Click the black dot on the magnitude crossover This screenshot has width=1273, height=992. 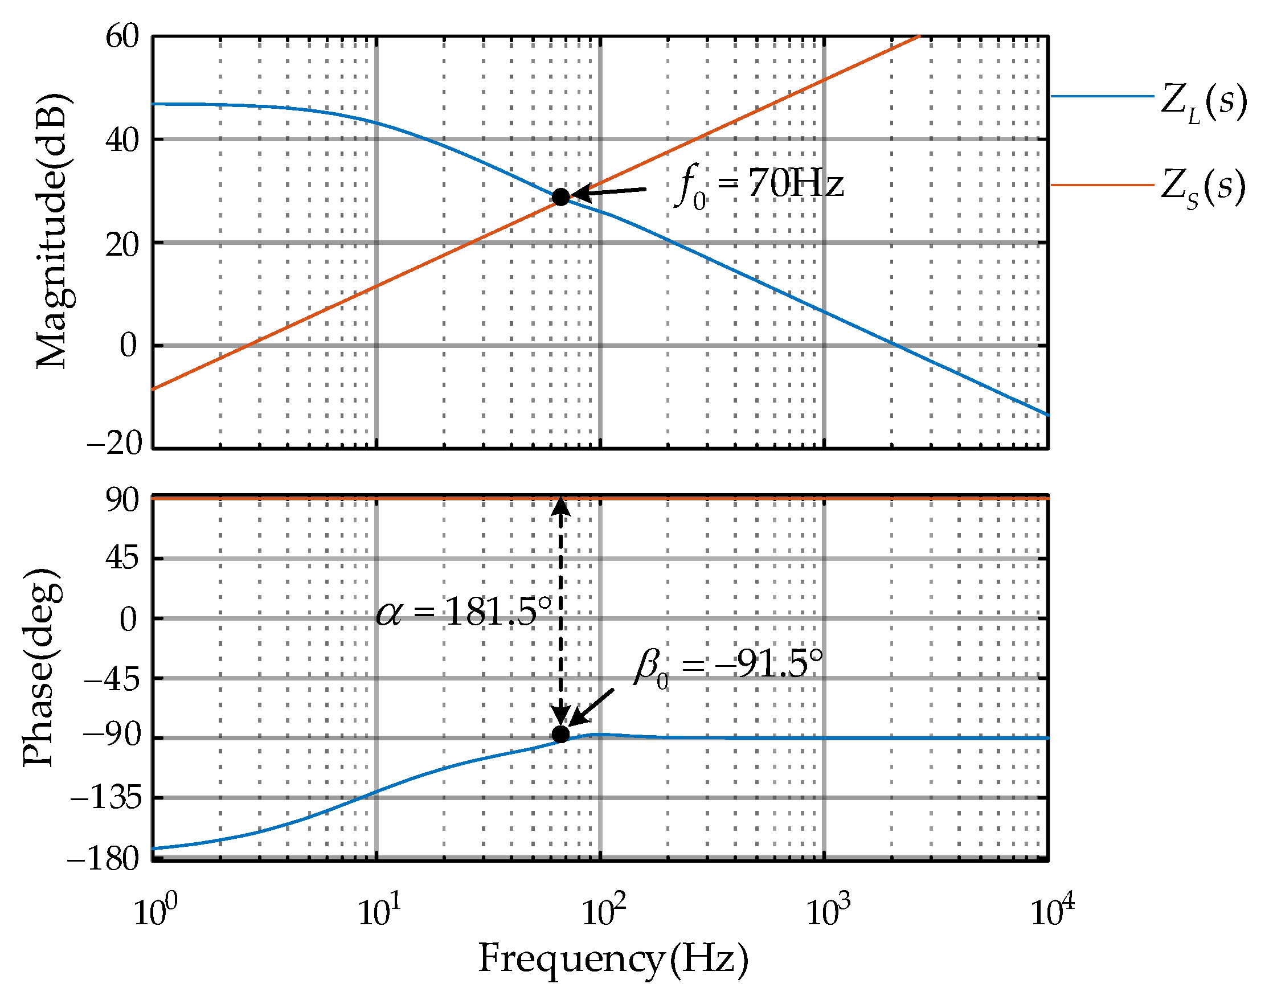(560, 197)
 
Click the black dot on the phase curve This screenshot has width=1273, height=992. (560, 735)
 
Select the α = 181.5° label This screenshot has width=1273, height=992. (464, 613)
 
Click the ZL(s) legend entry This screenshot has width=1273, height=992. (1203, 102)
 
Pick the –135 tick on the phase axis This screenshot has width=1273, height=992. (106, 797)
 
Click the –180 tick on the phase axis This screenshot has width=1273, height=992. (104, 859)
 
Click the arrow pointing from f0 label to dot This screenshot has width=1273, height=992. (609, 191)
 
